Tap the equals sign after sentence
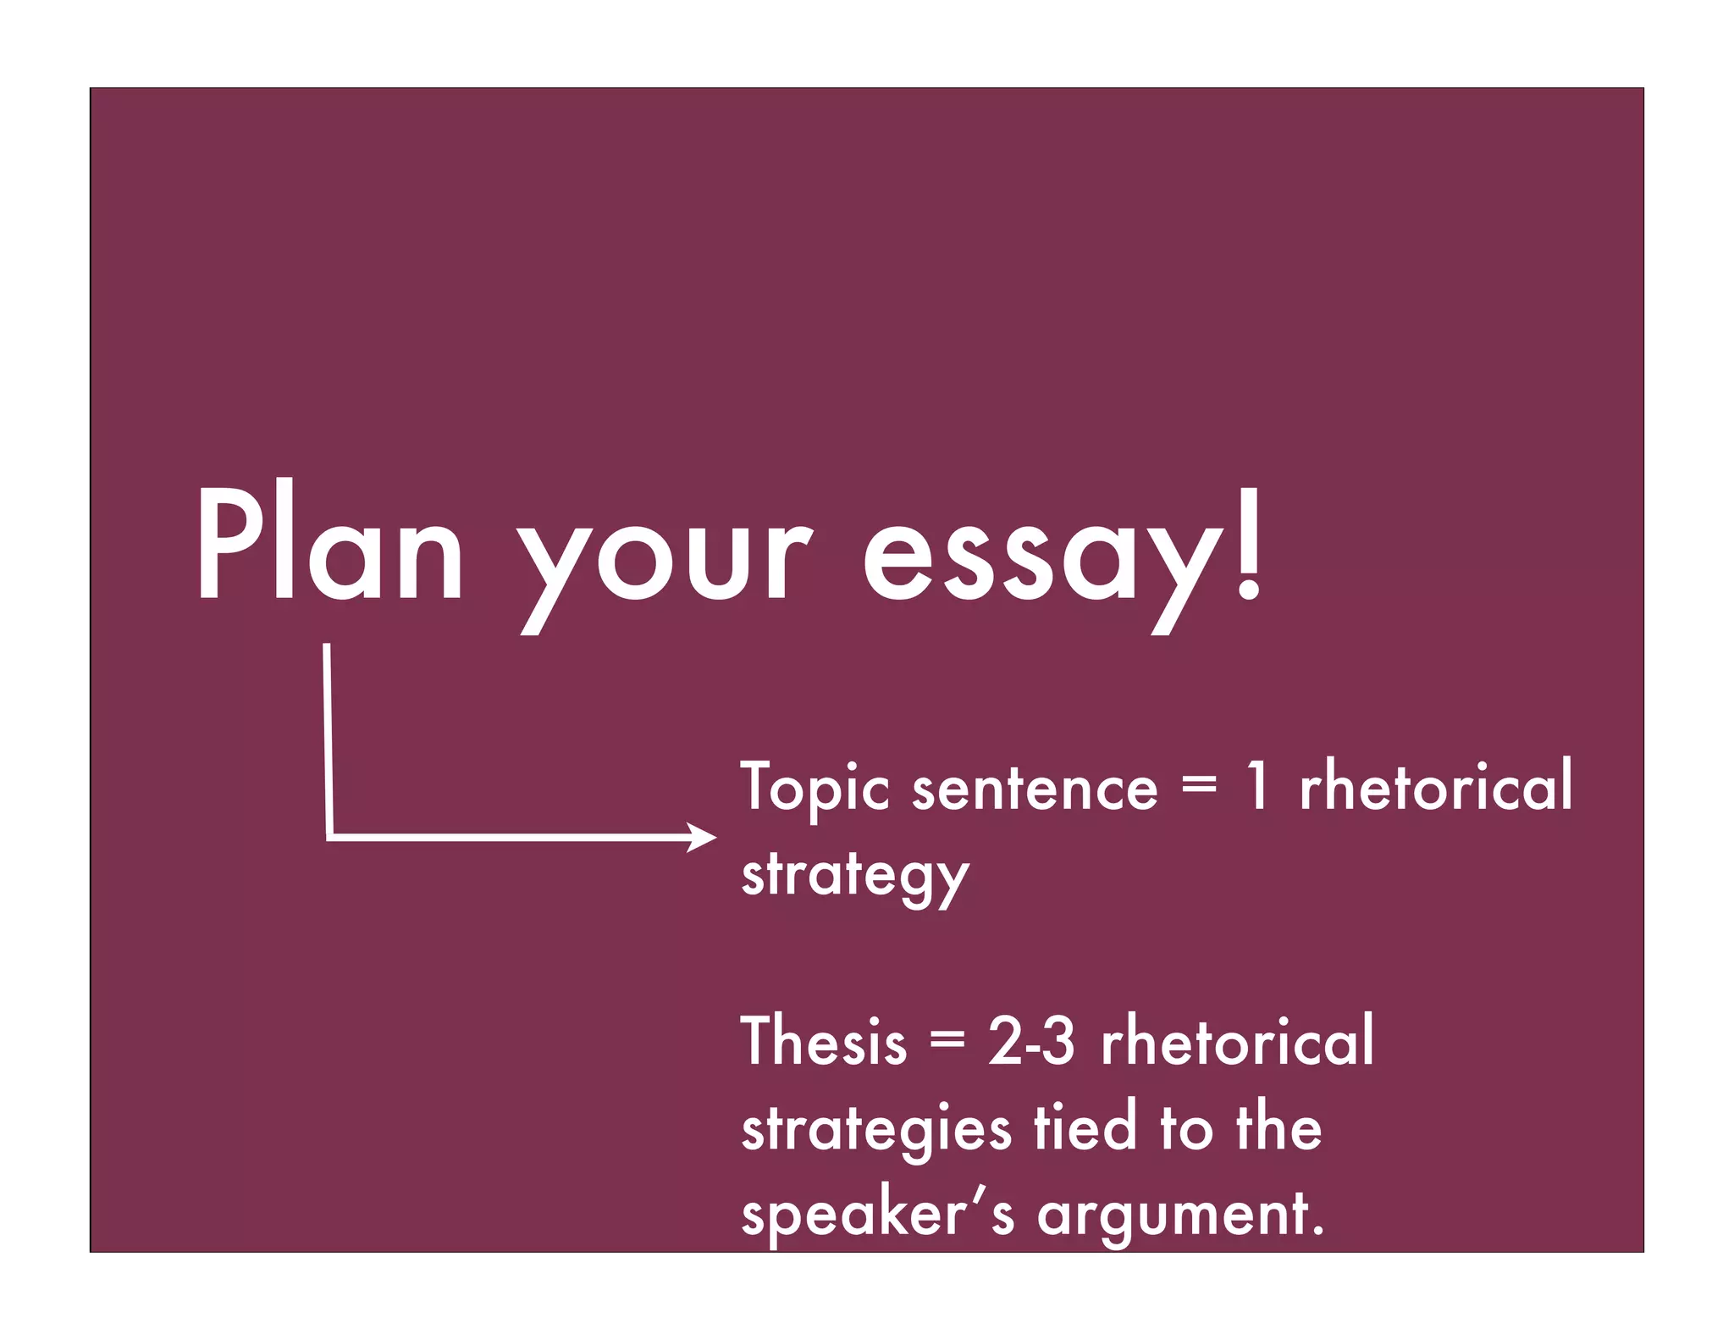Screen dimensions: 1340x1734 coord(1199,785)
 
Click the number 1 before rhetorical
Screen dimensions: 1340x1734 coord(1257,785)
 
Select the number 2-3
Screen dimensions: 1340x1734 coord(1031,1042)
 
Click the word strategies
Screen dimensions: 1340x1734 coord(875,1131)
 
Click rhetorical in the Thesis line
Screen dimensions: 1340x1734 coord(1237,1042)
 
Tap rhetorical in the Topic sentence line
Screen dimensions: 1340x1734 coord(1435,785)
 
